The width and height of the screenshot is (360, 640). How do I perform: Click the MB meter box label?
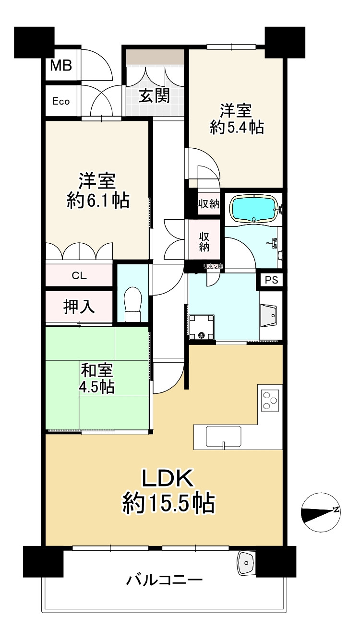click(x=61, y=65)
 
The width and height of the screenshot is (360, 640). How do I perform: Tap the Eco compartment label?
click(x=61, y=101)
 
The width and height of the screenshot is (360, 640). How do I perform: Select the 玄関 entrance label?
click(x=154, y=96)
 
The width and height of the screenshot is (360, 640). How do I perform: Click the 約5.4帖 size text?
click(x=237, y=127)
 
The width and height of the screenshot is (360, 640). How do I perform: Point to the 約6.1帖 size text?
click(x=97, y=201)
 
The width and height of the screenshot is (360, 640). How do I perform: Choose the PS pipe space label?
click(x=271, y=281)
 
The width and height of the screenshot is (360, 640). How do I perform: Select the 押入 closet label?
click(x=80, y=307)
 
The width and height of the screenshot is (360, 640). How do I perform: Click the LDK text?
click(x=167, y=478)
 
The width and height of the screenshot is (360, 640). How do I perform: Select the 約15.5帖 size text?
click(x=168, y=503)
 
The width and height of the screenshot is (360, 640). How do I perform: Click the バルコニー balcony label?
click(x=164, y=580)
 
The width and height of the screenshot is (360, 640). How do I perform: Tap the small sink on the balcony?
click(x=247, y=562)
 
